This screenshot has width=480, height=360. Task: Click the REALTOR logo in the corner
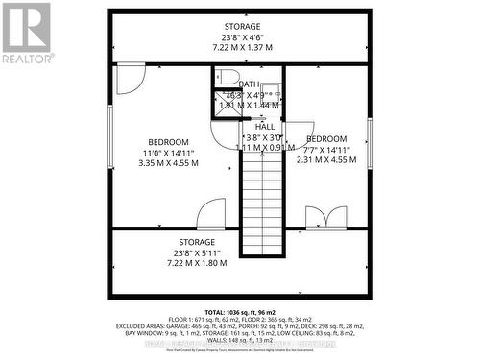click(x=26, y=34)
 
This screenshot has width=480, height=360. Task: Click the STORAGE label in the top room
click(x=241, y=26)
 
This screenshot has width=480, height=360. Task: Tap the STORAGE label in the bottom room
click(x=196, y=242)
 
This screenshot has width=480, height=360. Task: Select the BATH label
click(x=249, y=84)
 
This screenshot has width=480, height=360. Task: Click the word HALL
click(x=265, y=127)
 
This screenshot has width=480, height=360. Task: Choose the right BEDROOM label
click(x=326, y=139)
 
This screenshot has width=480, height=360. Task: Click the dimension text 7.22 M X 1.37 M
click(x=241, y=47)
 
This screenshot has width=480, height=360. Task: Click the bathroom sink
click(x=272, y=94)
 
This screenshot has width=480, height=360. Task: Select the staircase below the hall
click(x=261, y=206)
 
